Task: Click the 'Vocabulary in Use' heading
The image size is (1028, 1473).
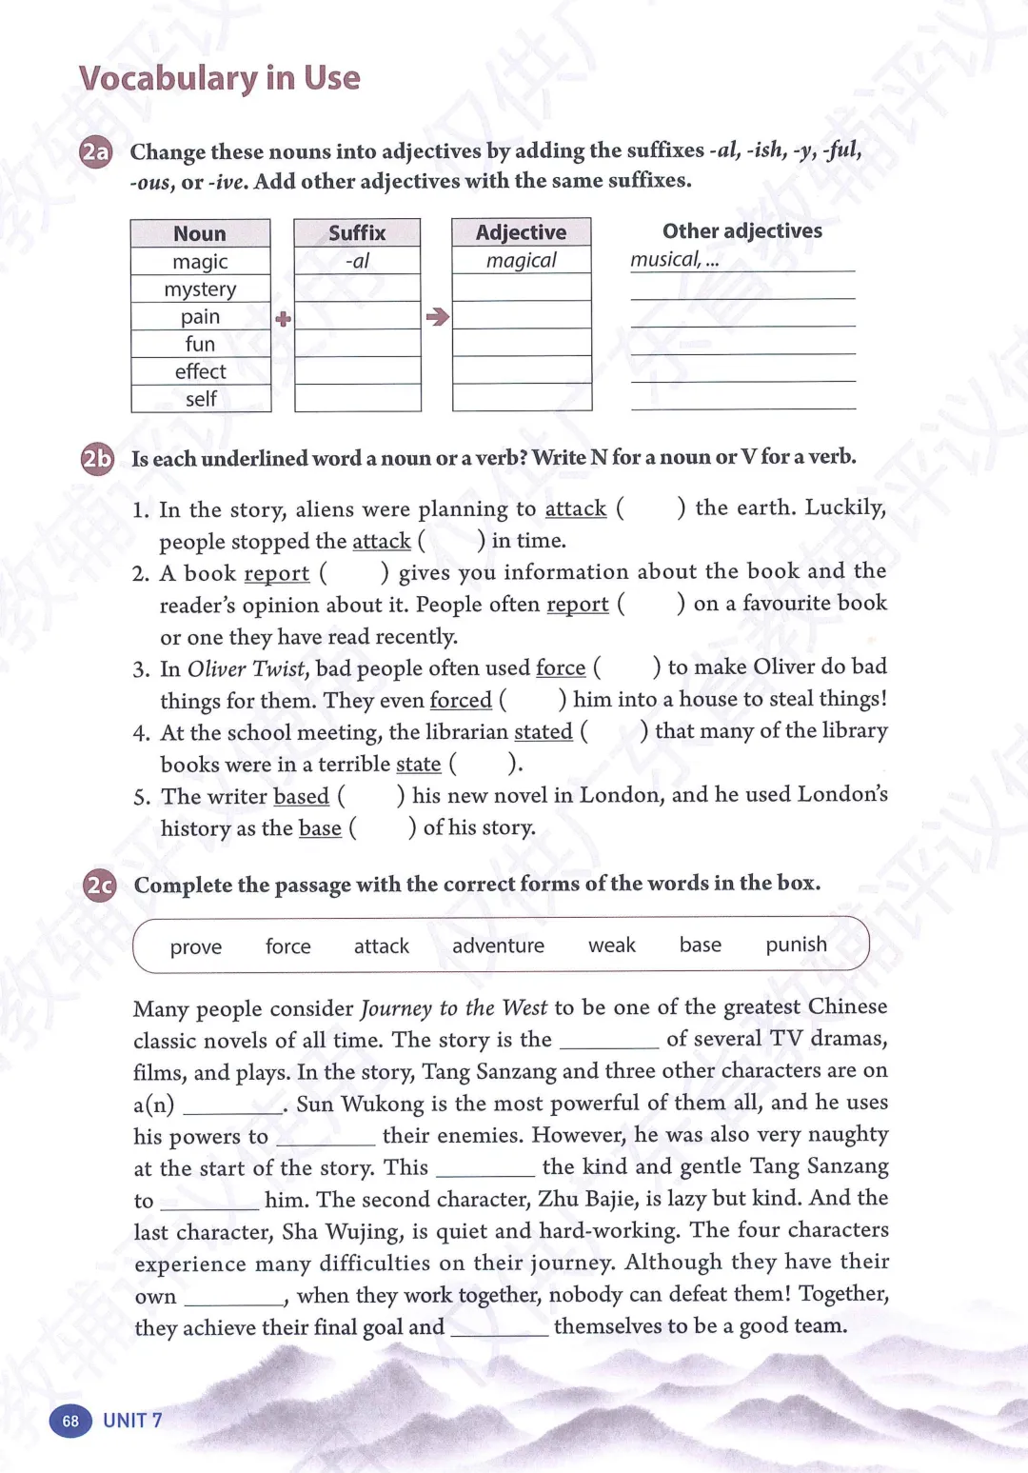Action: [219, 78]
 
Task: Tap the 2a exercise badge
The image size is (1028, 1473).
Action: [96, 152]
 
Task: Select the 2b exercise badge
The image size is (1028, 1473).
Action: [97, 459]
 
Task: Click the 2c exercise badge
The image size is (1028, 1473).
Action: [99, 886]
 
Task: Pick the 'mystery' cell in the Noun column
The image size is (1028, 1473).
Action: [200, 289]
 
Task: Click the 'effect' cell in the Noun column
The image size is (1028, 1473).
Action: [200, 371]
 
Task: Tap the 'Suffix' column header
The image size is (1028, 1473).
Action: [357, 233]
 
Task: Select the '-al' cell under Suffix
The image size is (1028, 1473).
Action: [357, 261]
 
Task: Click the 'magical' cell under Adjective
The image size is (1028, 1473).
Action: [522, 260]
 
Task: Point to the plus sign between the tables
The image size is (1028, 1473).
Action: [283, 319]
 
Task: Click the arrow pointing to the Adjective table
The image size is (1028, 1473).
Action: [437, 317]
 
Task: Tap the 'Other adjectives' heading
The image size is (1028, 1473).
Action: [742, 231]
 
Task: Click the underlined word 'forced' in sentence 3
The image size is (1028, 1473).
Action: [461, 701]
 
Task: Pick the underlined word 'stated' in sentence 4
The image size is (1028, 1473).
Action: [544, 732]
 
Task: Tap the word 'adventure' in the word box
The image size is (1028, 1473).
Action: [498, 946]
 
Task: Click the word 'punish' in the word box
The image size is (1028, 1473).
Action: [796, 945]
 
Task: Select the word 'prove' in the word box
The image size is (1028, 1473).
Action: [196, 946]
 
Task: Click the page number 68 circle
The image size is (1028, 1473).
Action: [70, 1421]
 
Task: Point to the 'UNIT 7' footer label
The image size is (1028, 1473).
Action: [132, 1421]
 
